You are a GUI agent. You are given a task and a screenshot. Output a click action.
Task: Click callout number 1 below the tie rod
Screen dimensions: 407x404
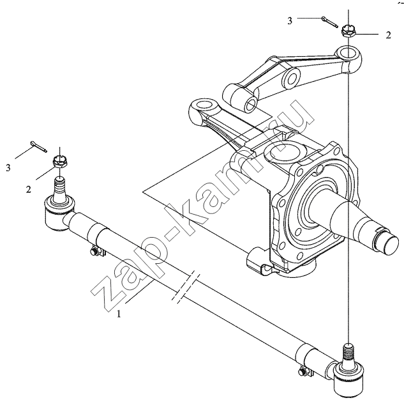[x=117, y=314]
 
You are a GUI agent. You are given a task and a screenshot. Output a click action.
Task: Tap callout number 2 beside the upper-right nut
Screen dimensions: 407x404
[x=388, y=36]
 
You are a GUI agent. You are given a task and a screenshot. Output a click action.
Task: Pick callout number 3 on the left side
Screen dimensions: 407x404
[x=9, y=168]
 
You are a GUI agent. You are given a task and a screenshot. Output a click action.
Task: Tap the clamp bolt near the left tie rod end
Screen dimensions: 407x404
[x=96, y=252]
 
